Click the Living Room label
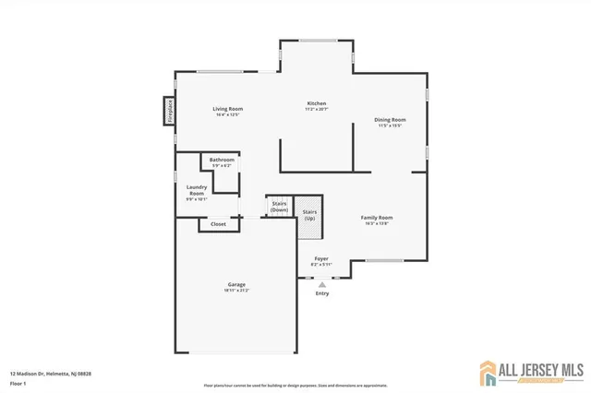click(227, 110)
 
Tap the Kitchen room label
click(317, 103)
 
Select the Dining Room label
click(390, 120)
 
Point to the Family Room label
click(377, 218)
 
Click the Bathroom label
click(222, 160)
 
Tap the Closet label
click(218, 224)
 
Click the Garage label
click(236, 284)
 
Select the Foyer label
click(321, 259)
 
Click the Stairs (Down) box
click(279, 207)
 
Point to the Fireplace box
click(170, 111)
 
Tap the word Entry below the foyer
click(322, 293)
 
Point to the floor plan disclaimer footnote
click(295, 385)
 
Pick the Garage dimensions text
click(236, 291)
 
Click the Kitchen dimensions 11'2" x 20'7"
click(317, 110)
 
